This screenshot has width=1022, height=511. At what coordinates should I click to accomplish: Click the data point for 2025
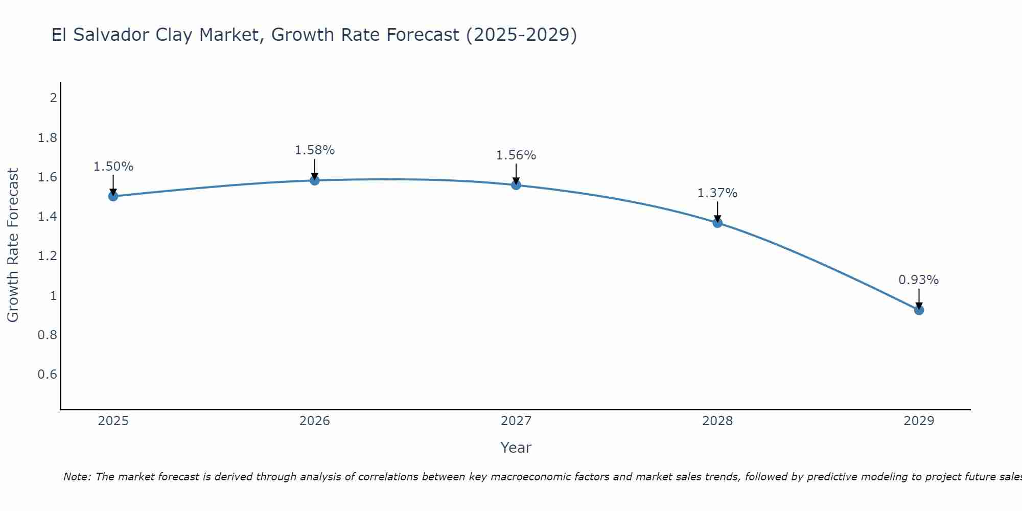click(x=113, y=196)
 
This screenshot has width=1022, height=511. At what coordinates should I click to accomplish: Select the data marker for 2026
click(x=315, y=180)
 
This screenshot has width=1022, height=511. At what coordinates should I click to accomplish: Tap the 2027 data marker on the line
click(x=516, y=185)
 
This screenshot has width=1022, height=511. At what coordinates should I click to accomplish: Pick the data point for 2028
click(x=717, y=223)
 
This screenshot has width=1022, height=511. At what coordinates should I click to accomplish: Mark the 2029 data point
click(x=919, y=310)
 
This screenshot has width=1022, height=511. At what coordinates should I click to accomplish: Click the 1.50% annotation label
click(x=113, y=167)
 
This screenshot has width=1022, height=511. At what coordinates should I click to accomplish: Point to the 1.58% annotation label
click(x=315, y=150)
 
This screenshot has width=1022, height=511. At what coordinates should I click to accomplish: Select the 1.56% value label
click(x=516, y=155)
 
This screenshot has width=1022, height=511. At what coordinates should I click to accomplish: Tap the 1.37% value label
click(x=717, y=193)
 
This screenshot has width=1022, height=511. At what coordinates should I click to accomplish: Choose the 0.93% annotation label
click(x=919, y=280)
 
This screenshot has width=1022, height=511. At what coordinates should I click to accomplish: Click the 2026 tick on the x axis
click(x=315, y=421)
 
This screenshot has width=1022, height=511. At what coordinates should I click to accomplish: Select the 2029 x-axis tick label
click(x=919, y=421)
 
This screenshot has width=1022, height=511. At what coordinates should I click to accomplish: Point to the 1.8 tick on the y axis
click(x=48, y=138)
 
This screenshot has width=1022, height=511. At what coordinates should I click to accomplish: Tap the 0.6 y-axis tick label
click(x=48, y=375)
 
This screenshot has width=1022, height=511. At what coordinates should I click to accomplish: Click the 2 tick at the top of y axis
click(x=53, y=98)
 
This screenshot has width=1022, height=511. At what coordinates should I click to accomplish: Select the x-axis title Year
click(x=516, y=448)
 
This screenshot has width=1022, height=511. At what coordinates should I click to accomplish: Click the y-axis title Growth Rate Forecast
click(x=13, y=245)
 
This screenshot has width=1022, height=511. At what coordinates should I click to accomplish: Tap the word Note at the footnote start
click(x=77, y=477)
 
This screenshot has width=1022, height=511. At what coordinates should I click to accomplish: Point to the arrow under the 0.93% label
click(x=919, y=298)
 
